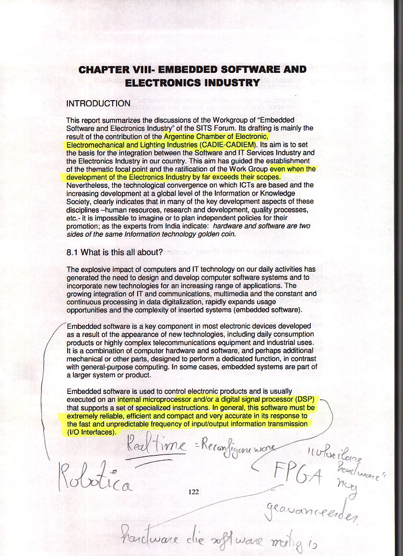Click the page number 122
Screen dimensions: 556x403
194,491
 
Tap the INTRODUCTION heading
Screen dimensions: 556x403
98,104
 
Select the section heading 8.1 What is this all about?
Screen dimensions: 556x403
115,252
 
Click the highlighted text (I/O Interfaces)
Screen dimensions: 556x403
91,432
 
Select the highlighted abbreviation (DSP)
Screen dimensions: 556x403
304,399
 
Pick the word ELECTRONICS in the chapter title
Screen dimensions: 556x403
163,83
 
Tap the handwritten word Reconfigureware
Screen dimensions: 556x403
235,449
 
